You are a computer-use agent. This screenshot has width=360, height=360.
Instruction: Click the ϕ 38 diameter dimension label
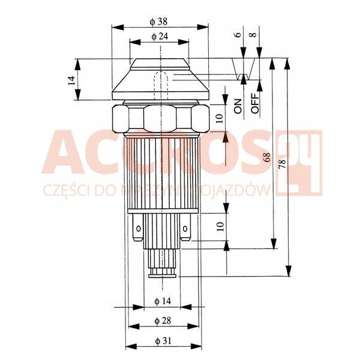tap(158, 22)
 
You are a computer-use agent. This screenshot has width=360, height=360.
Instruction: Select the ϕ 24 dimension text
tap(160, 37)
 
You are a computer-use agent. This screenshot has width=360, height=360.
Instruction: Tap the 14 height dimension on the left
tap(71, 80)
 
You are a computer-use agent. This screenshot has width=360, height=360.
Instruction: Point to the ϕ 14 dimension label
tap(163, 301)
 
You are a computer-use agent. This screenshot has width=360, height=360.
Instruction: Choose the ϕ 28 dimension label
tap(163, 321)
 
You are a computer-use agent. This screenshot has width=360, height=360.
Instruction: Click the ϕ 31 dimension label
tap(163, 341)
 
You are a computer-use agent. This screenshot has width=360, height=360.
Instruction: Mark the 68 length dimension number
tap(267, 157)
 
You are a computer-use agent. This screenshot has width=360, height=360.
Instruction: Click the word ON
tap(238, 106)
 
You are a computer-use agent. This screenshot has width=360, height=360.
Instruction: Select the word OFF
tap(255, 103)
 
